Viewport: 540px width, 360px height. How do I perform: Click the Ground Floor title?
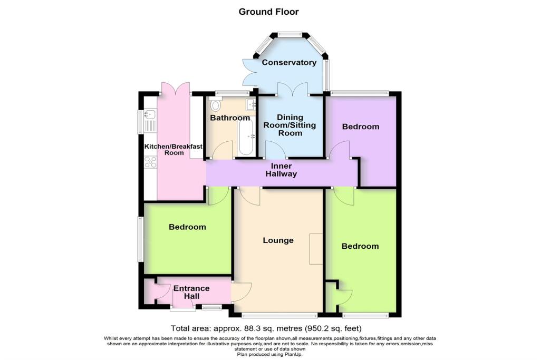pos(269,11)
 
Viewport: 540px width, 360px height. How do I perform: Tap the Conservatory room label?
pos(289,63)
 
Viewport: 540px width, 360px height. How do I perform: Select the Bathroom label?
pos(229,118)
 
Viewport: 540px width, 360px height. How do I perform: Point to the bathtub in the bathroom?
pos(246,136)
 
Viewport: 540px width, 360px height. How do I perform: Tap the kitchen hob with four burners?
pos(149,163)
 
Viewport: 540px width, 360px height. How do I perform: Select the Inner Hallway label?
pos(281,170)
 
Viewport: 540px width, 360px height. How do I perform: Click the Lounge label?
pos(278,240)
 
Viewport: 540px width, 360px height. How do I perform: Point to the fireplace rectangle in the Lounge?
pos(316,248)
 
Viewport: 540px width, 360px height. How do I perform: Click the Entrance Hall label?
pos(191,293)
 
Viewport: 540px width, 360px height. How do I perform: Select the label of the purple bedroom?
pos(360,127)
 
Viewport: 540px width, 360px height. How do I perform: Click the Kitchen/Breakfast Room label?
pos(174,149)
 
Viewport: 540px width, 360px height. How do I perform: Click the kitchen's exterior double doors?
pos(175,88)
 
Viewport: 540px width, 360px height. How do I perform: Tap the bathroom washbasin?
pos(250,104)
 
